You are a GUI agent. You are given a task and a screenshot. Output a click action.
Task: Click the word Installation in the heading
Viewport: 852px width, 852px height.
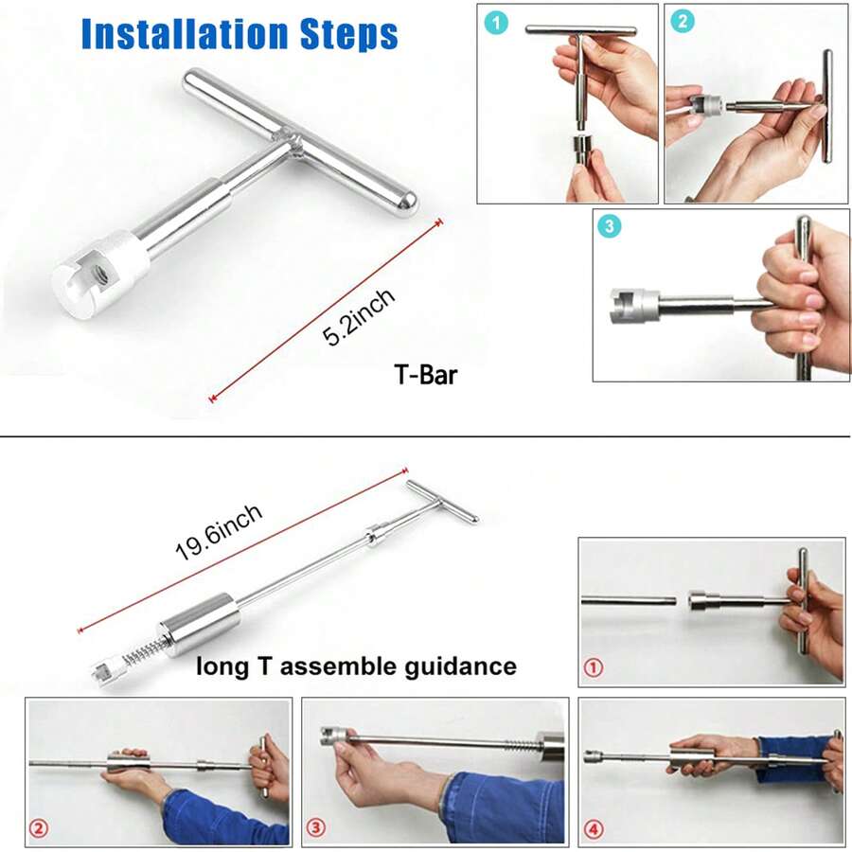(x=185, y=34)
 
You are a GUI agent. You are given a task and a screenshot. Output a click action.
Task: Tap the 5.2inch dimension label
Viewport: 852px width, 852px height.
(x=358, y=317)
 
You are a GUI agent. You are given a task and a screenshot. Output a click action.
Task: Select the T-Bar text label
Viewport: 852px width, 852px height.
(x=425, y=374)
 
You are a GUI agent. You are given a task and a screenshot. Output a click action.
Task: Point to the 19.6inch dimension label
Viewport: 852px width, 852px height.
(x=219, y=532)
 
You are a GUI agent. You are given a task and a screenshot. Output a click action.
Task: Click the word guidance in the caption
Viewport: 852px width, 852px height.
(x=460, y=666)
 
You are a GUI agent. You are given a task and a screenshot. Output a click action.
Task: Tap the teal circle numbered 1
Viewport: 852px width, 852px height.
(x=495, y=24)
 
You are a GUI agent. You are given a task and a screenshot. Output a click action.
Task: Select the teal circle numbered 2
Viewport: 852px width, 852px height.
(x=683, y=22)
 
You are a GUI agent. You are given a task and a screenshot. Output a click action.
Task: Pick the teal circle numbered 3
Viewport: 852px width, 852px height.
(x=610, y=226)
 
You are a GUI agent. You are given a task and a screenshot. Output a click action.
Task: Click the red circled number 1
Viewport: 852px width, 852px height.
(x=594, y=667)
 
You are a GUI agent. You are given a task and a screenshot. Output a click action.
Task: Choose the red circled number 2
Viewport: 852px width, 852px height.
(x=39, y=828)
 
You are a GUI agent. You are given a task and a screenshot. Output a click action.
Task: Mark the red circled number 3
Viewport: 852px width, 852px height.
(x=315, y=828)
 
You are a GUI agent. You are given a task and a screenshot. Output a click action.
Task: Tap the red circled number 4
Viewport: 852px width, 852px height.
(x=594, y=829)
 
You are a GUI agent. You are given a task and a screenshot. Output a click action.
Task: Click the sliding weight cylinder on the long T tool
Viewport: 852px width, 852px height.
(x=198, y=625)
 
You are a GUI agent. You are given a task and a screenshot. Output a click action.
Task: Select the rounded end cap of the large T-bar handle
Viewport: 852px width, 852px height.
(x=406, y=204)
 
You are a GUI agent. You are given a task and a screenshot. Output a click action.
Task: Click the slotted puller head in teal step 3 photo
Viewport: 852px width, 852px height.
(x=633, y=306)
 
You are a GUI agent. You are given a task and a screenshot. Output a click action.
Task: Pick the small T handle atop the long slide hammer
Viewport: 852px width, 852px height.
(x=442, y=502)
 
